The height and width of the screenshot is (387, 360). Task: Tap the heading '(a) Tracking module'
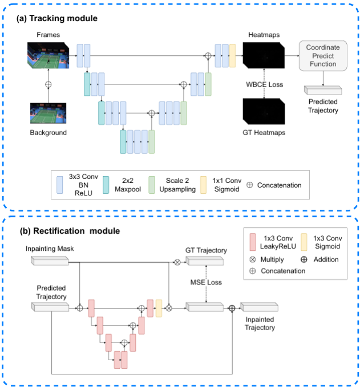[58, 18]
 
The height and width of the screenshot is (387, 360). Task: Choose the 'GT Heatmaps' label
[264, 133]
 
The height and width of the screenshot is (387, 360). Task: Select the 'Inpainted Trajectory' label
[260, 323]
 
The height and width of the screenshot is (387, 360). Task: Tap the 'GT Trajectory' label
[206, 250]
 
